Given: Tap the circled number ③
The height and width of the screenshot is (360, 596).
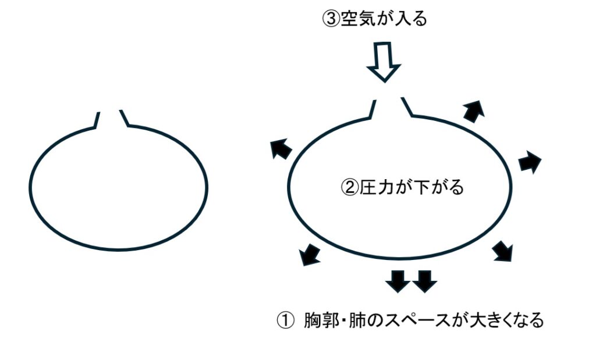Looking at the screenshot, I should pos(330,19).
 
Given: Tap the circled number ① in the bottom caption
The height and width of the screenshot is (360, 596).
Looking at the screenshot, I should pos(283,320).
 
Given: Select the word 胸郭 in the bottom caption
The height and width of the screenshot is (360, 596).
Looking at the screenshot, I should pos(321,320).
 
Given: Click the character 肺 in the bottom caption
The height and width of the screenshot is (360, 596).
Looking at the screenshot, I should pos(356,320).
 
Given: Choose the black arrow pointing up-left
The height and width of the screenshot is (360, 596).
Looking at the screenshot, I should pos(281,149).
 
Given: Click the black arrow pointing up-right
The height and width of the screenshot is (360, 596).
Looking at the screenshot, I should pos(474,109).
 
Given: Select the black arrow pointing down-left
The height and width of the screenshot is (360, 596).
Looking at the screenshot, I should pos(310,254).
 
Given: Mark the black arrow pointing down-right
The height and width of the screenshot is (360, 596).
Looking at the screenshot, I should pos(503,251).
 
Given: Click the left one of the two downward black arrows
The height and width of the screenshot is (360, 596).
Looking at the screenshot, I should pos(398,281).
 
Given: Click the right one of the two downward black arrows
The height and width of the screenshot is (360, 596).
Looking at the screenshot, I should pos(424,281).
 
